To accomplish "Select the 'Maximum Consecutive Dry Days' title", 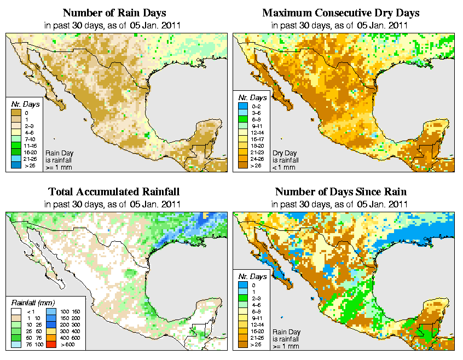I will coord(340,13).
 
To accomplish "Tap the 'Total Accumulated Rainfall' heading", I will coord(113,192).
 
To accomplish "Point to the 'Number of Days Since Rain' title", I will coord(340,192).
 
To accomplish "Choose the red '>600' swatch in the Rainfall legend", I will coord(51,345).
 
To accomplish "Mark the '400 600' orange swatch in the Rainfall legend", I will coord(51,339).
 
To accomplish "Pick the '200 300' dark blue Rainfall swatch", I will coord(51,326).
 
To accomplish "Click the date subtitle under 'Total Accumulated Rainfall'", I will coord(113,204).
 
